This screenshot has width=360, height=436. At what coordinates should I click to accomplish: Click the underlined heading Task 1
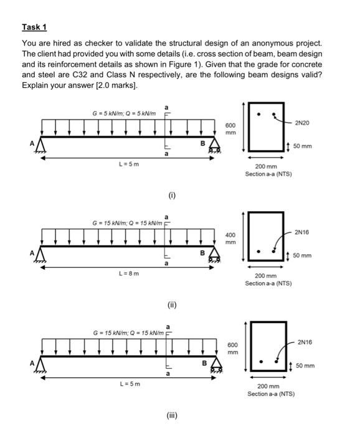pyautogui.click(x=34, y=27)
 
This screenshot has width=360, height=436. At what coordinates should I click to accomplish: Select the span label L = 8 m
pyautogui.click(x=129, y=273)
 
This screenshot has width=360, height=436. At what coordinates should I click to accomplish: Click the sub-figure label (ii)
pyautogui.click(x=171, y=305)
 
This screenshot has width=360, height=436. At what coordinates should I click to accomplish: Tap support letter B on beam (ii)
pyautogui.click(x=202, y=254)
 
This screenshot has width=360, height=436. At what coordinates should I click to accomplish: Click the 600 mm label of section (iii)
pyautogui.click(x=232, y=349)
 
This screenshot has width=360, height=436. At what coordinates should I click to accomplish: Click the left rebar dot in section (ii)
pyautogui.click(x=259, y=252)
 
